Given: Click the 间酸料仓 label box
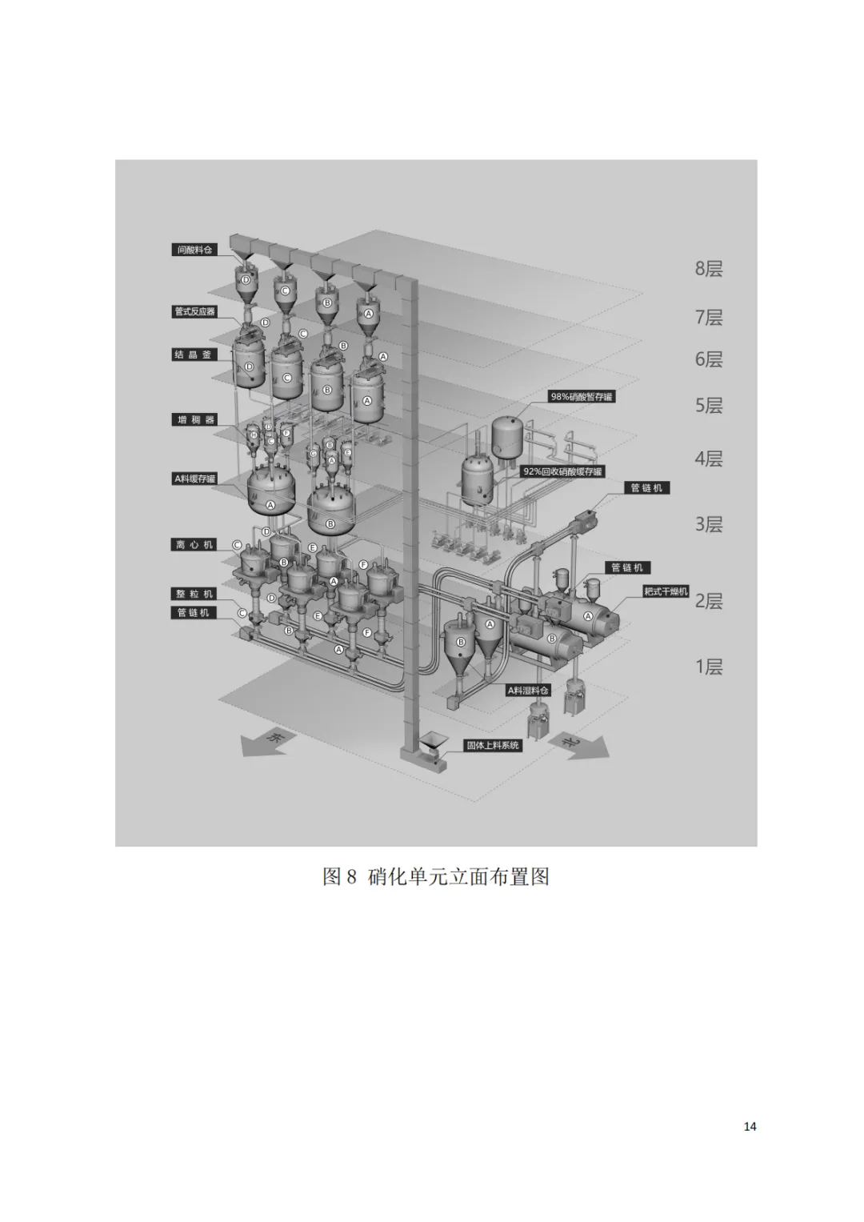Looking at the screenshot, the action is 195,250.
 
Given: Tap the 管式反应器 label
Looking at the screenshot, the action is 195,311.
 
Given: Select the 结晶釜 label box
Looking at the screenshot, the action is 194,355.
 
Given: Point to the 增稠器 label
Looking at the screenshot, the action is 194,419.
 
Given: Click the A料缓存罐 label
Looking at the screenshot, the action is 195,479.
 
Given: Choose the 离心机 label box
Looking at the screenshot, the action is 194,544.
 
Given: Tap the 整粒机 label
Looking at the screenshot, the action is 194,594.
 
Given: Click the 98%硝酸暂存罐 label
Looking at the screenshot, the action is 582,397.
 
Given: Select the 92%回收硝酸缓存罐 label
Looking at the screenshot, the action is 562,471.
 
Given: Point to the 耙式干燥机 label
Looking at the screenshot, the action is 666,591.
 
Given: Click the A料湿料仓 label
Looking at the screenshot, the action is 529,690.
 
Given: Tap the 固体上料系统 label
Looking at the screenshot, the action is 494,745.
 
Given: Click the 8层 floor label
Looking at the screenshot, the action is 708,269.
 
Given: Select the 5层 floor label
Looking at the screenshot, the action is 708,406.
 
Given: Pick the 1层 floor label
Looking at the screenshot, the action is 708,667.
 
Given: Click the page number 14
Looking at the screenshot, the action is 750,1127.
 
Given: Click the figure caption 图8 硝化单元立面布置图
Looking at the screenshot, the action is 435,876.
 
